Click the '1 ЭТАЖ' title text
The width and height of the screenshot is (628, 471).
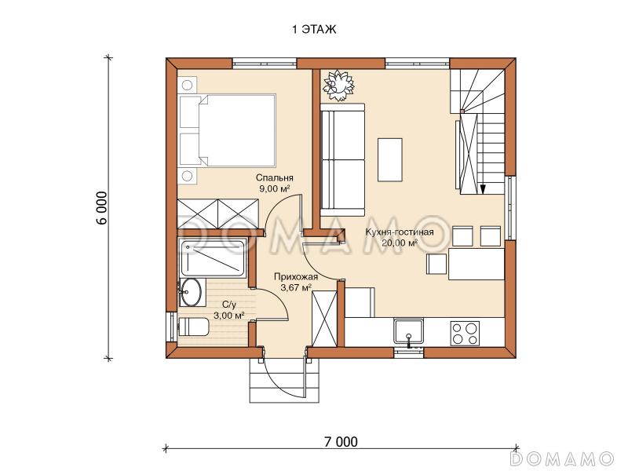[x=314, y=30]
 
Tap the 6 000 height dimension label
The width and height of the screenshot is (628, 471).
[x=102, y=208]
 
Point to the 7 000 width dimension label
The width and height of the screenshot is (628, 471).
[x=341, y=442]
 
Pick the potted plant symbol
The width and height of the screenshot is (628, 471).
[x=339, y=86]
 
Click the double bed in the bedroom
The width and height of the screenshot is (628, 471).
[x=228, y=130]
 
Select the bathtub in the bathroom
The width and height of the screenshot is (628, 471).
[x=213, y=258]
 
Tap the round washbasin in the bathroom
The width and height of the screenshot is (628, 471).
[x=190, y=292]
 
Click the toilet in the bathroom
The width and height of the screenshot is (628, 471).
[x=193, y=327]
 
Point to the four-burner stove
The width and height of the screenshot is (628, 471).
[x=465, y=333]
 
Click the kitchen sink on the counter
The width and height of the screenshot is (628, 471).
[x=408, y=331]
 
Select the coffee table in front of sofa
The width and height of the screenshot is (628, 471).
[x=389, y=160]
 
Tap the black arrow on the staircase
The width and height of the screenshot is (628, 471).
[x=483, y=188]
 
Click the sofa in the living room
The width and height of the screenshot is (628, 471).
[x=342, y=160]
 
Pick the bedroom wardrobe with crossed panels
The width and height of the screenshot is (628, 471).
[x=217, y=214]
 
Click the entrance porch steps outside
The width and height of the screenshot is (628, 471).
[x=285, y=381]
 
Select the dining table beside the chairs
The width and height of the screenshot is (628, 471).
[x=476, y=264]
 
